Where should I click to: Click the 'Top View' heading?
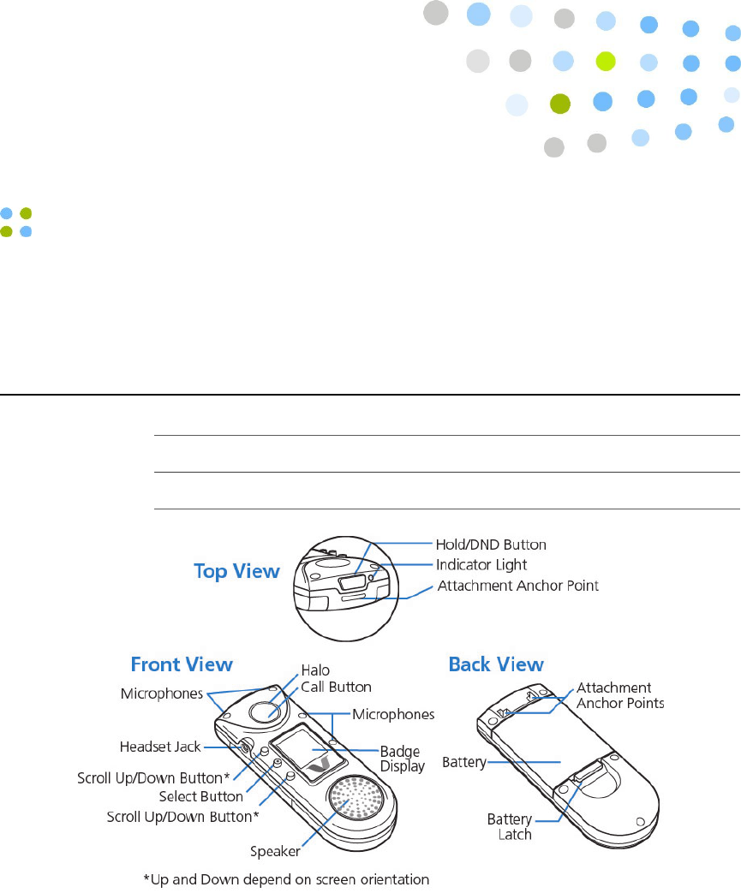(x=236, y=572)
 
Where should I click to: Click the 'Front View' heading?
(x=181, y=664)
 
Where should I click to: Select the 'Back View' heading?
(x=496, y=664)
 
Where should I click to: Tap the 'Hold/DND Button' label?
(x=491, y=545)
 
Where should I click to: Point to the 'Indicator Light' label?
(x=481, y=565)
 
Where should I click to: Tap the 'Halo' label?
(x=314, y=670)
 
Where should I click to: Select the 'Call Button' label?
(x=336, y=687)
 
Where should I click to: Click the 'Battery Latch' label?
(x=509, y=827)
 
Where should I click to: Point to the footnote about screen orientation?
(x=285, y=879)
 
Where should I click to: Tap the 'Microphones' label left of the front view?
(x=163, y=691)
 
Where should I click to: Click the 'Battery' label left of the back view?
(x=464, y=762)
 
